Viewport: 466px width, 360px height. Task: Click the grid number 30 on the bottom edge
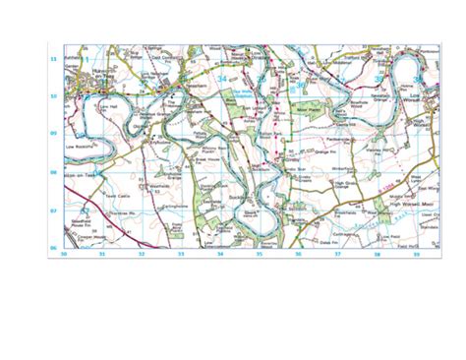(x=63, y=254)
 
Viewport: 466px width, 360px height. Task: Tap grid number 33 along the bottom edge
(x=181, y=254)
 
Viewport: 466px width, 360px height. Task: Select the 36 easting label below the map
(x=298, y=254)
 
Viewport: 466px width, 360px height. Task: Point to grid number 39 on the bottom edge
(x=415, y=254)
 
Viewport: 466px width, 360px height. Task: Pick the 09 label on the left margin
(x=54, y=133)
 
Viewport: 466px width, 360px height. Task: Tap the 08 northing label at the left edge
(x=54, y=171)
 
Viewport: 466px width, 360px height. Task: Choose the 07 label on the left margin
(x=54, y=210)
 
